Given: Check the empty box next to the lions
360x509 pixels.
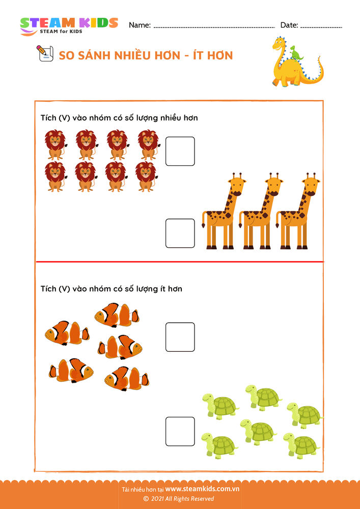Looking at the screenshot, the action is point(180,151).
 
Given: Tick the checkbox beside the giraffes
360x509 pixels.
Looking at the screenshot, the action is point(180,234).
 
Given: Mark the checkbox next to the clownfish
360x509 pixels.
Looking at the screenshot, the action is point(180,337).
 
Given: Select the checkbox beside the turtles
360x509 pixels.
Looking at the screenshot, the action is point(180,432).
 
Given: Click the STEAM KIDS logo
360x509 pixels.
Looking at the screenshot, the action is point(69,26).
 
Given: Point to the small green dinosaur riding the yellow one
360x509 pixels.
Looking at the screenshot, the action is point(296,53).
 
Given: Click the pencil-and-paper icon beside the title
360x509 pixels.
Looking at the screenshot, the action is point(44,53).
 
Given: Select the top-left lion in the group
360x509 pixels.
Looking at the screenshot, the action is point(55,145).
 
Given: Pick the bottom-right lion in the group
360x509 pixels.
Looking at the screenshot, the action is point(147,176).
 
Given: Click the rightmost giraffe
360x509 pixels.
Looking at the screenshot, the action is point(298,211).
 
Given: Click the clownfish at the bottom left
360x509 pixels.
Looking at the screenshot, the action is point(71,371).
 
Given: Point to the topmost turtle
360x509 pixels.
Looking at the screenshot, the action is point(263,396).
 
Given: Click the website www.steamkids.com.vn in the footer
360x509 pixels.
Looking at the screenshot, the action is point(202,489).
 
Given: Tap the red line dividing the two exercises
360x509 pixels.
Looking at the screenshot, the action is point(180,261).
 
